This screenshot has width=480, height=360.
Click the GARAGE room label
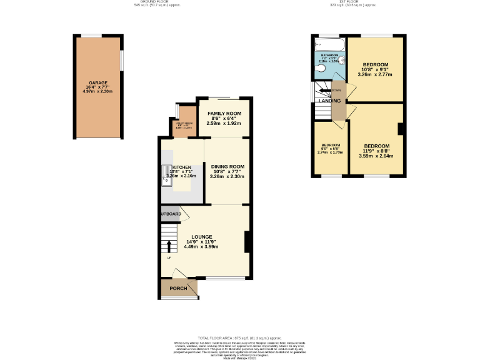click(97, 82)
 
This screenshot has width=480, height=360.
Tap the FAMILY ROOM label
click(224, 112)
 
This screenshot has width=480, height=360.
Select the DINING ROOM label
click(227, 166)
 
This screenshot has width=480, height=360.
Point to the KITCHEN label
click(182, 167)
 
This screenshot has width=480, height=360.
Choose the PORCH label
click(178, 288)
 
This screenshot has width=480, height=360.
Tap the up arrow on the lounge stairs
click(168, 244)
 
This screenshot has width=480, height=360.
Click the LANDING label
click(329, 101)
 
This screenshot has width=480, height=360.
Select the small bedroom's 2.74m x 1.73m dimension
click(331, 152)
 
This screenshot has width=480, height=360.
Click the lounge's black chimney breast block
click(248, 242)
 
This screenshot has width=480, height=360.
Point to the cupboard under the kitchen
click(171, 214)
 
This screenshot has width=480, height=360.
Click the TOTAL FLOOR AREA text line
click(239, 337)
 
